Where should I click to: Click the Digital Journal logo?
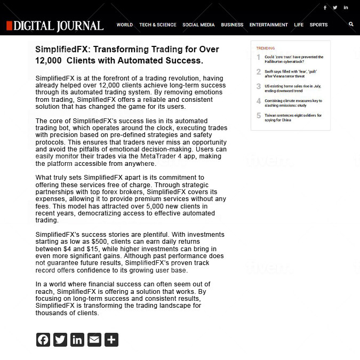click(55, 26)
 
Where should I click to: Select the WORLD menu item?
click(125, 25)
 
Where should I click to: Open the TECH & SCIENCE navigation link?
click(158, 25)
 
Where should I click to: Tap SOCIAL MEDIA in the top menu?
click(198, 25)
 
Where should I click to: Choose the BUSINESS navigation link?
click(232, 25)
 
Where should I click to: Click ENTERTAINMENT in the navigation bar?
click(269, 25)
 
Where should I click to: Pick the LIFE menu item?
click(299, 25)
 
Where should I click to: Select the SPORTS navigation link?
click(319, 25)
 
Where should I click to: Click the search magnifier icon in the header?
click(351, 24)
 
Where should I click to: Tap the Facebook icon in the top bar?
click(325, 7)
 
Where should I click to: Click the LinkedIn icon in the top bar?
click(346, 7)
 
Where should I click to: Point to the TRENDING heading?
click(266, 48)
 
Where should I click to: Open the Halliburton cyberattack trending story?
click(294, 59)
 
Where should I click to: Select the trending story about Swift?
click(291, 74)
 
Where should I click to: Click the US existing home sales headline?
click(292, 88)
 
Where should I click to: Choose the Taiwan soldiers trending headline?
click(293, 117)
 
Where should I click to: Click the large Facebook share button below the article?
click(43, 340)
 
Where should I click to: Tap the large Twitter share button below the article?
click(60, 340)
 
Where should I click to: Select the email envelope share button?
click(94, 340)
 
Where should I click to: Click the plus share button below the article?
click(111, 340)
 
